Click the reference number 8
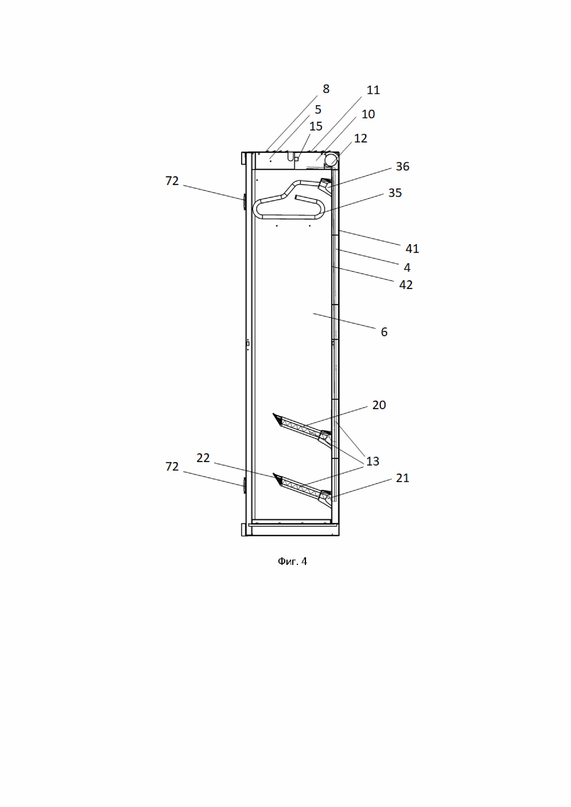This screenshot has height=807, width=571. pyautogui.click(x=326, y=89)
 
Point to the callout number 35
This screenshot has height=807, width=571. pyautogui.click(x=395, y=193)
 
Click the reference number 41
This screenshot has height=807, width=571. pyautogui.click(x=412, y=249)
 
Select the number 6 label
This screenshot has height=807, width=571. pyautogui.click(x=384, y=332)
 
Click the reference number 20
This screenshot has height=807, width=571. pyautogui.click(x=379, y=405)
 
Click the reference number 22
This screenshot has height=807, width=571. pyautogui.click(x=203, y=458)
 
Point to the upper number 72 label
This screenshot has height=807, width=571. pyautogui.click(x=172, y=181)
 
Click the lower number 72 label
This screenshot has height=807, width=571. pyautogui.click(x=172, y=467)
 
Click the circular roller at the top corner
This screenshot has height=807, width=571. pyautogui.click(x=330, y=160)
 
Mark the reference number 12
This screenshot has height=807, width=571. pyautogui.click(x=360, y=139)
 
